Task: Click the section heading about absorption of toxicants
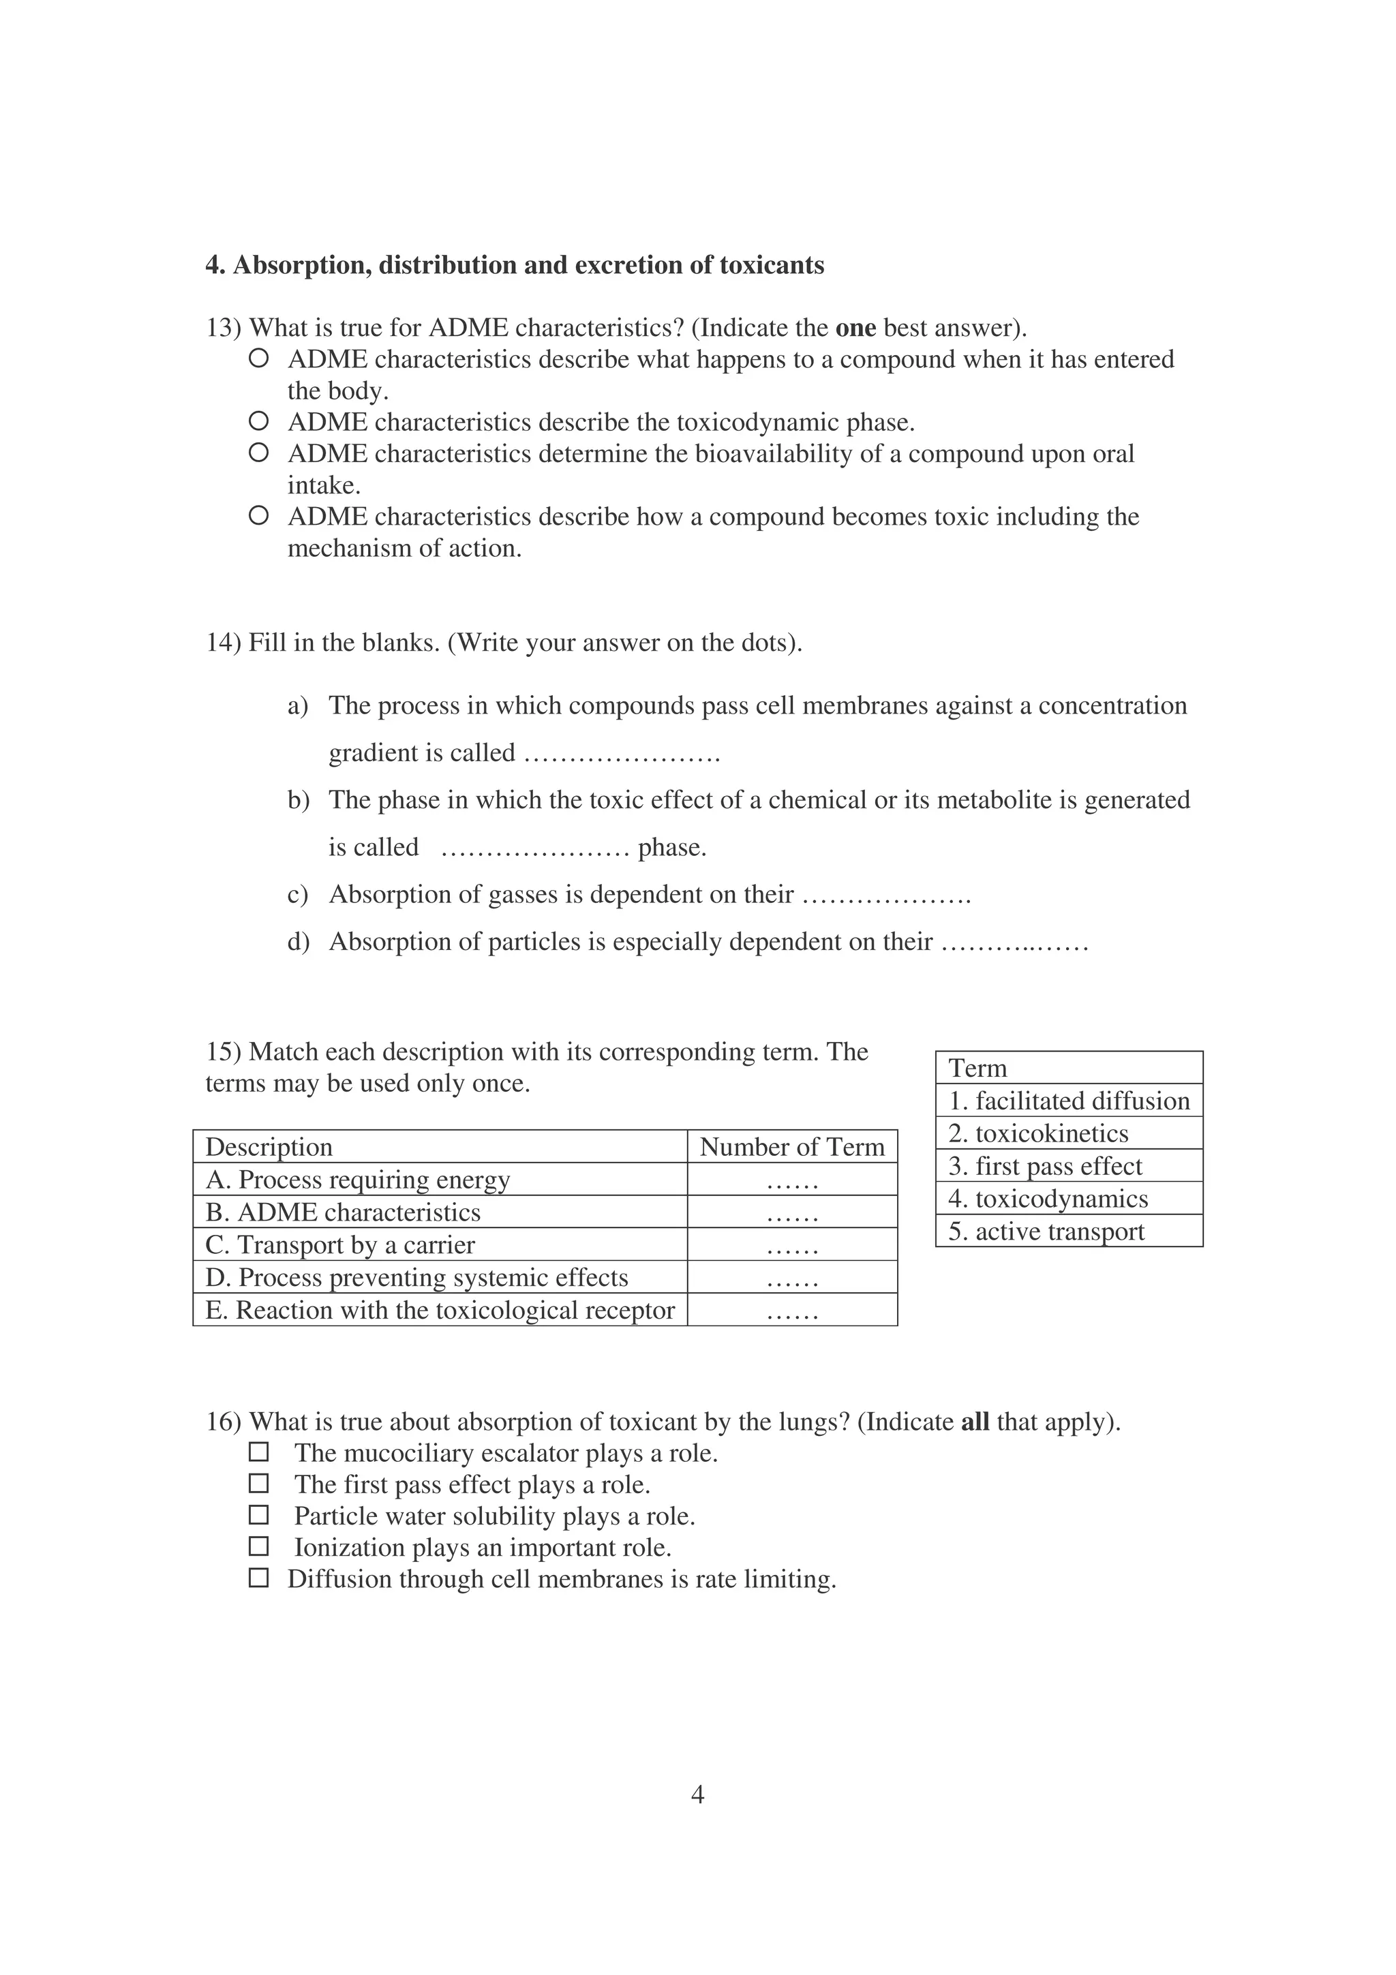515,265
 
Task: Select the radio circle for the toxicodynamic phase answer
258,420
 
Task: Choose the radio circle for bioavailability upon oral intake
258,453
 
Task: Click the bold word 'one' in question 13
855,328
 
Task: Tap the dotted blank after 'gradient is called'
621,754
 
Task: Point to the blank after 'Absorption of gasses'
886,896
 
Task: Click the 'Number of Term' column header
791,1147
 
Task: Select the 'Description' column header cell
269,1147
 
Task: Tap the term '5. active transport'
1046,1231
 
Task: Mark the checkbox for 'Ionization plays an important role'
258,1546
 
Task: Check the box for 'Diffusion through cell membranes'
258,1578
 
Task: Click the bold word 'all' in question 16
975,1422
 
